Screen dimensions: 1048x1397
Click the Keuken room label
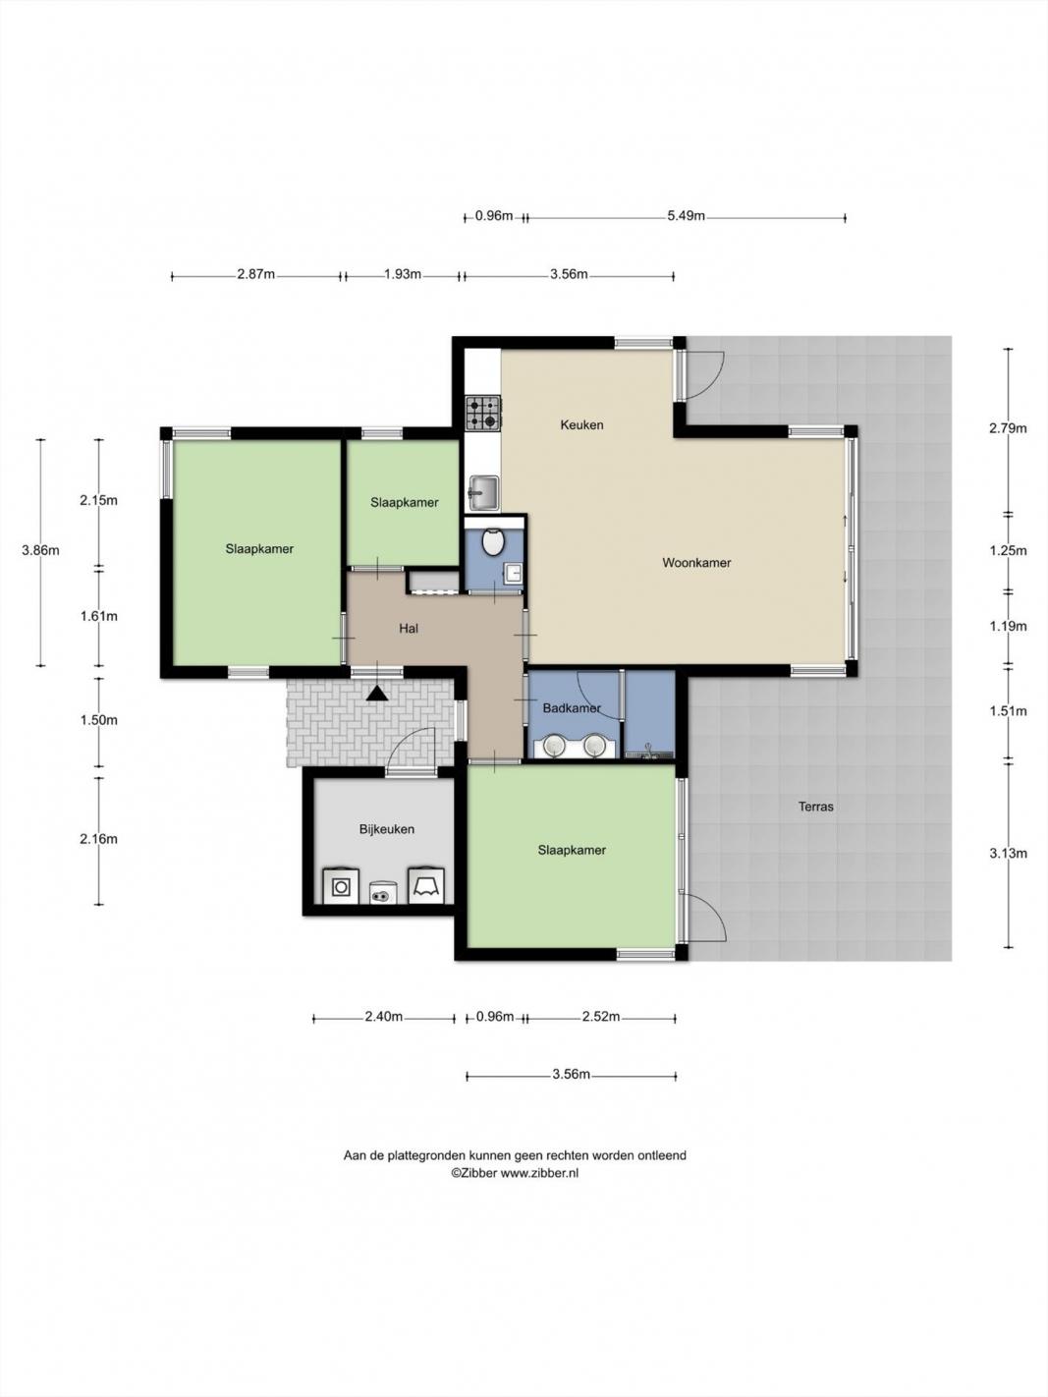[x=581, y=424]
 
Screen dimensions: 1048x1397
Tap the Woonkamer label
[x=696, y=563]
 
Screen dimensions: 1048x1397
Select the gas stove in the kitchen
[x=483, y=413]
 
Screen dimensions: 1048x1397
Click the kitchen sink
[x=483, y=493]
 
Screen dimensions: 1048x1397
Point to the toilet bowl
[x=493, y=541]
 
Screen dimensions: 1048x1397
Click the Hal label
[x=409, y=628]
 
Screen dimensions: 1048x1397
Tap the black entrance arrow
[x=377, y=693]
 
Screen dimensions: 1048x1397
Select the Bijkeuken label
[x=387, y=829]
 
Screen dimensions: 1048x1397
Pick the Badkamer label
[x=572, y=707]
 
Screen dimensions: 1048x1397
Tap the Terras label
[x=816, y=807]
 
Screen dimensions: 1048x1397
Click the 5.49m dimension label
[x=686, y=216]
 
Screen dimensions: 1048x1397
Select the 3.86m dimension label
[x=40, y=550]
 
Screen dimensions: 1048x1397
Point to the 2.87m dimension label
[x=255, y=274]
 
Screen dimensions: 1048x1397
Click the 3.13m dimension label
[x=1008, y=854]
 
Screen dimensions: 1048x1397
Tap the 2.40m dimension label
[x=383, y=1016]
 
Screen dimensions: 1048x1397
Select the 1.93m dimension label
[x=402, y=274]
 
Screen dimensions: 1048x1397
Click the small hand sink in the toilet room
[x=513, y=572]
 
